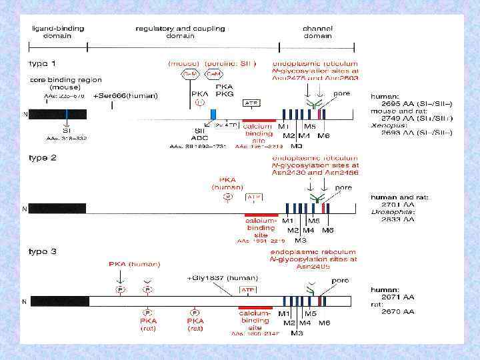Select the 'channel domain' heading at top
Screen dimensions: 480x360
(318, 32)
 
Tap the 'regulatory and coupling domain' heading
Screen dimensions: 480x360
(180, 32)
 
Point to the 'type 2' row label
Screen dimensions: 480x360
(42, 160)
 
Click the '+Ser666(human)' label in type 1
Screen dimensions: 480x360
(127, 96)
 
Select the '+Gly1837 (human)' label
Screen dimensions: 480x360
(215, 277)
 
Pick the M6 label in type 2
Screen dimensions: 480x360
(327, 230)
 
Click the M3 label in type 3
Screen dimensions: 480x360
(301, 331)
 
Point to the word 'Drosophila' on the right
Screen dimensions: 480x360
(388, 211)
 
